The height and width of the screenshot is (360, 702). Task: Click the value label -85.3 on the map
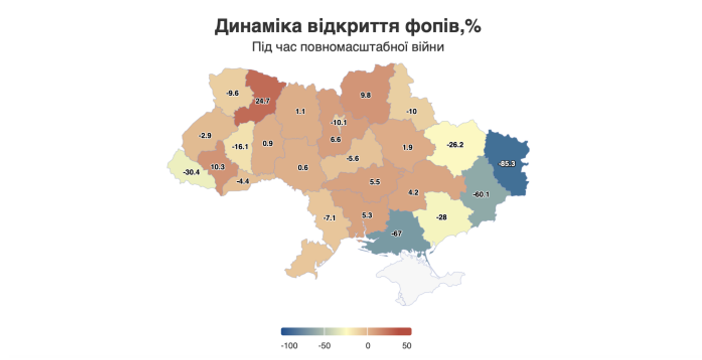[507, 164]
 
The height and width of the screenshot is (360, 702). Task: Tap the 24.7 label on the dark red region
[262, 101]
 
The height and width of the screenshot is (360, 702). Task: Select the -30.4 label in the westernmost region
[191, 172]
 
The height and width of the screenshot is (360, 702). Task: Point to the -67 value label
[396, 233]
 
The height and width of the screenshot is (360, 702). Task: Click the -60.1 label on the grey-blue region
[481, 195]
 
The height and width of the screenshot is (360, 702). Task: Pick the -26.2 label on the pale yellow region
[455, 145]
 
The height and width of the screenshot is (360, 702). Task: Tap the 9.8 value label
[365, 95]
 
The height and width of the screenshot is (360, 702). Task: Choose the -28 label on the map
[441, 217]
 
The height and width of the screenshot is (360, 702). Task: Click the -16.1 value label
[240, 147]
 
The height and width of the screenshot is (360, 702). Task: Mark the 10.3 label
[217, 167]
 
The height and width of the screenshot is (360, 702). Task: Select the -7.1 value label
[329, 218]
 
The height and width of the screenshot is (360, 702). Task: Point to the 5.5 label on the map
[375, 182]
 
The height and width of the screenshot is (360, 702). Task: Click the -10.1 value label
[339, 123]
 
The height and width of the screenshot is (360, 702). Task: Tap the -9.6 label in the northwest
[233, 93]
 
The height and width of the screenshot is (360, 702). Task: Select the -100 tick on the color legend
[289, 346]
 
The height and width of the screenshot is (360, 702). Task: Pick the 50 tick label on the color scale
[406, 346]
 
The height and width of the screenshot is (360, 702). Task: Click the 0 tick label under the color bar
[368, 346]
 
